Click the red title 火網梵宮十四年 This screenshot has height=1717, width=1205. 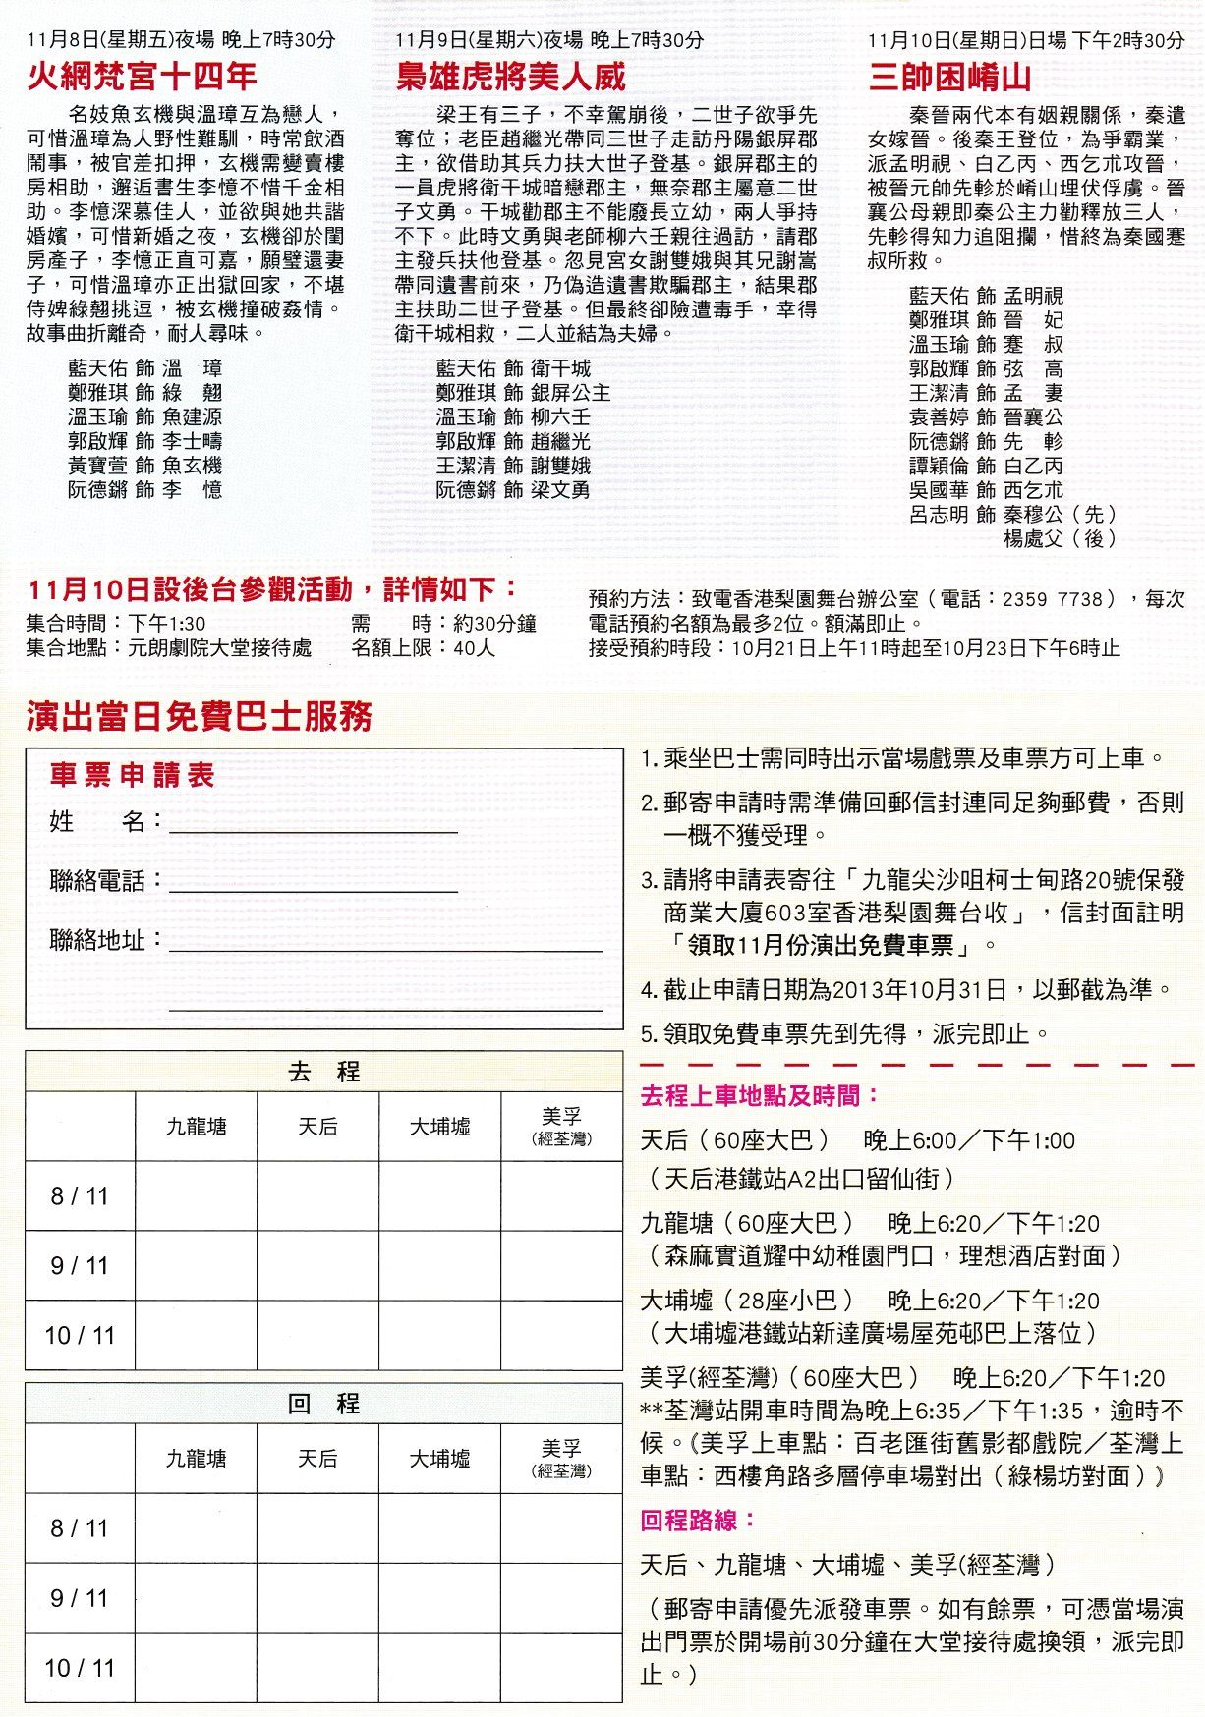coord(142,77)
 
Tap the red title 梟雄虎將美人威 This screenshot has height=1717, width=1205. coord(510,77)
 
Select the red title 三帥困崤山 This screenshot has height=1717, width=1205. coord(949,77)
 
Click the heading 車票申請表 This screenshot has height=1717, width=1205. coord(132,775)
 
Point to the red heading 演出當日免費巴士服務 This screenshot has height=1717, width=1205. coord(200,717)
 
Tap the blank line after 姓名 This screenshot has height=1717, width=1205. coord(313,823)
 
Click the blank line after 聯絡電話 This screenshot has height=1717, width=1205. coord(313,882)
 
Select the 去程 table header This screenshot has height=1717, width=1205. coord(323,1072)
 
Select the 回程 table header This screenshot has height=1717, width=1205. coord(323,1404)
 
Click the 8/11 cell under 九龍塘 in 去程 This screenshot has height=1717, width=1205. coord(197,1196)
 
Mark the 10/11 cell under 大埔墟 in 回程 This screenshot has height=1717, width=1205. coord(439,1667)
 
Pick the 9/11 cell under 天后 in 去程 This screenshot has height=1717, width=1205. coord(318,1265)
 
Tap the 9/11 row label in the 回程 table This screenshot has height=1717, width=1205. coord(80,1598)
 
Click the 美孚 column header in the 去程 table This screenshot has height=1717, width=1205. coord(561,1127)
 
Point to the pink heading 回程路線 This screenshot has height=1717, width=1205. coord(699,1521)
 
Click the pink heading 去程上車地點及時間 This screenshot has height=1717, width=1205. coord(760,1096)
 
